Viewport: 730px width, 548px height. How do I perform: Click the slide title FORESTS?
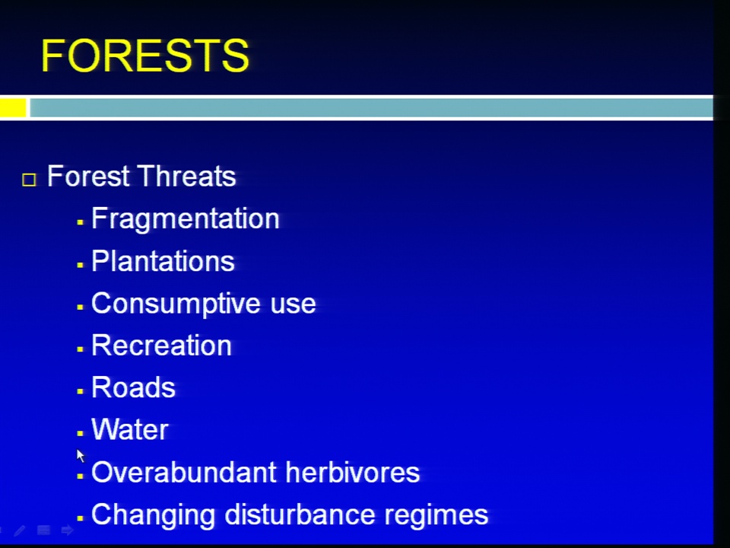[x=145, y=56]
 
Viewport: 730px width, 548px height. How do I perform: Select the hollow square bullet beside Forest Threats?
[x=29, y=180]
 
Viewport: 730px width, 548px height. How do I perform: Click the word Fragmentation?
[x=186, y=218]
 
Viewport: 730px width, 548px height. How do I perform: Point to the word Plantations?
[x=163, y=261]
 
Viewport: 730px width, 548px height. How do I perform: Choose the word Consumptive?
[x=176, y=304]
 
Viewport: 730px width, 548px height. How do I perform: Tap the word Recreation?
[x=161, y=346]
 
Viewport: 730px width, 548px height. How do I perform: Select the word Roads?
[x=133, y=387]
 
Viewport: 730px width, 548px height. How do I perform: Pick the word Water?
[x=130, y=429]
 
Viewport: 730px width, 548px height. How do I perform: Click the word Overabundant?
[x=184, y=472]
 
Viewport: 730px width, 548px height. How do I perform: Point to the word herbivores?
[x=353, y=472]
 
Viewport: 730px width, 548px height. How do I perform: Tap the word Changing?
[x=153, y=515]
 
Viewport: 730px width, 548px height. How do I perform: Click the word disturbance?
[x=300, y=515]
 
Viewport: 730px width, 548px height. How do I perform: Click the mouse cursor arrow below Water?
[x=81, y=455]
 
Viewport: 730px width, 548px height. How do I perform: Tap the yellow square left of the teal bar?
[x=13, y=107]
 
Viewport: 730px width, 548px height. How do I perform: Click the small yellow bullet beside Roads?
[x=80, y=391]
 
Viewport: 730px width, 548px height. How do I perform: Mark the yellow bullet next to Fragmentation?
[x=80, y=223]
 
